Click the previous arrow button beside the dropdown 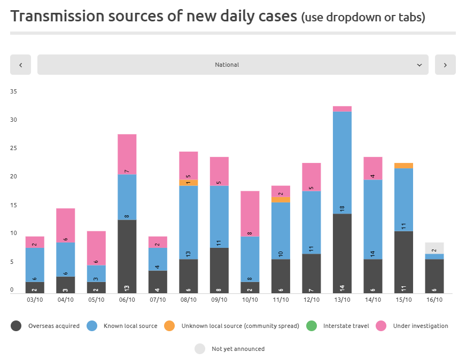[20, 65]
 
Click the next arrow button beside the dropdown [445, 65]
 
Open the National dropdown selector [232, 65]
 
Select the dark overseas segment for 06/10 [127, 256]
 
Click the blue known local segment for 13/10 [342, 163]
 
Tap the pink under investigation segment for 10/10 [250, 214]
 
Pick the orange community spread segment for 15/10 [403, 166]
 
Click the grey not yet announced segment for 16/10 [434, 248]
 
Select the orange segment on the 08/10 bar [188, 183]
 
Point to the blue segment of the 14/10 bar [372, 220]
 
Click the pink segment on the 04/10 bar [65, 225]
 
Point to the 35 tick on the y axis [14, 92]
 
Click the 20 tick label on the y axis [14, 177]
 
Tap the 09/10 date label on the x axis [219, 300]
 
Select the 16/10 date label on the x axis [434, 300]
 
